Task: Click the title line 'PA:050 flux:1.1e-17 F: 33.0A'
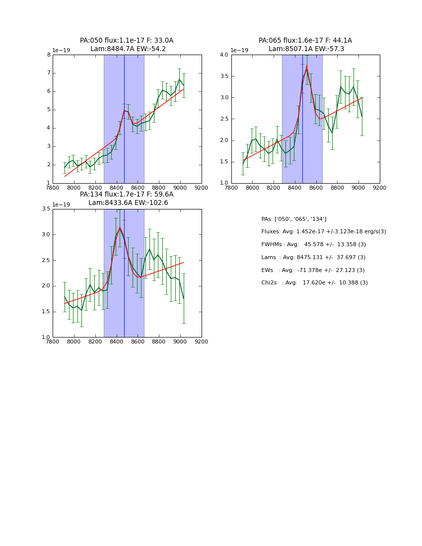127,41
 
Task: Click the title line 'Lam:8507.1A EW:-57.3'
306,49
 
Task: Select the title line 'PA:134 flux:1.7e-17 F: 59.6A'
127,195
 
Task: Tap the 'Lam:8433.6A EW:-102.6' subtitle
128,203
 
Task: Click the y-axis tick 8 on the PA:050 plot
49,55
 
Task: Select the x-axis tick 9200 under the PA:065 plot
380,188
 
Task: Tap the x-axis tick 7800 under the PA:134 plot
53,341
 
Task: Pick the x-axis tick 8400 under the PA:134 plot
116,341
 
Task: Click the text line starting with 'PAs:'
293,219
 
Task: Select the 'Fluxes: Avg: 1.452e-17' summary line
323,232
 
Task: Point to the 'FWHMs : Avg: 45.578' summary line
313,245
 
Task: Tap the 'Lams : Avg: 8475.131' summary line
313,258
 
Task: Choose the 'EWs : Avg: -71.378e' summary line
313,270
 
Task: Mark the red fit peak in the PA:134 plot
119,227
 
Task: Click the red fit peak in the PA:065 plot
307,66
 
